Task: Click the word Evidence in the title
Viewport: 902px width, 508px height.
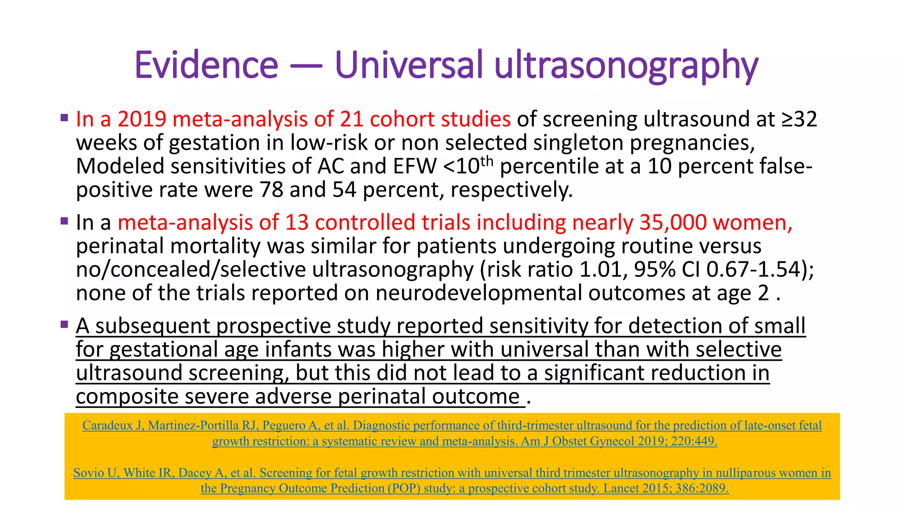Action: (x=206, y=65)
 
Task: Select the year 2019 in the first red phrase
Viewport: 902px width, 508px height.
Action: (x=141, y=119)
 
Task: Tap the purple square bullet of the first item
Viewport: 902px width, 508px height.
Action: (x=65, y=118)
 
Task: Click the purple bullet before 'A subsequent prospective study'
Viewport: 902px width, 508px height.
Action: (x=65, y=325)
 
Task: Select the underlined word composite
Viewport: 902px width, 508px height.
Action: (x=126, y=397)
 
